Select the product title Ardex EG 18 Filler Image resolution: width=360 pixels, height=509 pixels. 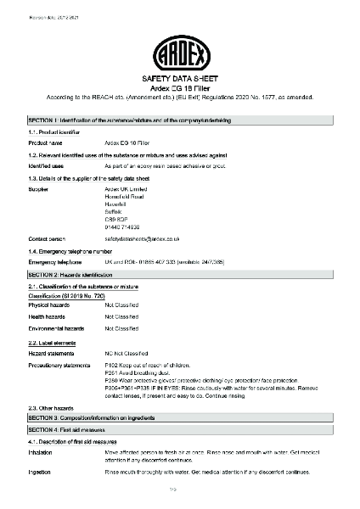click(180, 87)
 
